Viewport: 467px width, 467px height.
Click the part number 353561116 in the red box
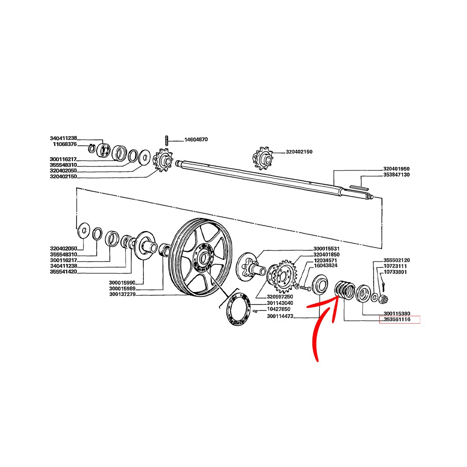pyautogui.click(x=396, y=319)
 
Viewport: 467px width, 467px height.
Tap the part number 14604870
pyautogui.click(x=196, y=139)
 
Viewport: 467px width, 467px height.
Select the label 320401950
pyautogui.click(x=396, y=169)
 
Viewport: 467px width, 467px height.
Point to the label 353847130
pyautogui.click(x=396, y=175)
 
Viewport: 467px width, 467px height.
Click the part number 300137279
pyautogui.click(x=122, y=294)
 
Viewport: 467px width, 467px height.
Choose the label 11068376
pyautogui.click(x=64, y=144)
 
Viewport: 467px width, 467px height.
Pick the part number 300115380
pyautogui.click(x=396, y=314)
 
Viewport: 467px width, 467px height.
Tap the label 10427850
pyautogui.click(x=278, y=309)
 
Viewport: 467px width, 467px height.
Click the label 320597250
pyautogui.click(x=280, y=297)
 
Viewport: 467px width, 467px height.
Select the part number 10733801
pyautogui.click(x=395, y=272)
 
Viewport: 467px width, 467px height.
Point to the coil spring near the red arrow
pyautogui.click(x=345, y=289)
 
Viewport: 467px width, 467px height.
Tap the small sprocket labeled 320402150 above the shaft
pyautogui.click(x=262, y=158)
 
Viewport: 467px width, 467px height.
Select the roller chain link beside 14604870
pyautogui.click(x=167, y=140)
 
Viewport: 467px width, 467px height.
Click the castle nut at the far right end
pyautogui.click(x=383, y=298)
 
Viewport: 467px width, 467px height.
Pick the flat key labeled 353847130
pyautogui.click(x=359, y=188)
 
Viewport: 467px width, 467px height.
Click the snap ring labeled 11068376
pyautogui.click(x=92, y=148)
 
